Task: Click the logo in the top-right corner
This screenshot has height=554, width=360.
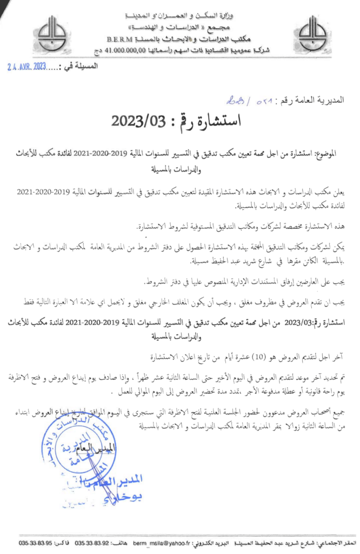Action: point(312,33)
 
